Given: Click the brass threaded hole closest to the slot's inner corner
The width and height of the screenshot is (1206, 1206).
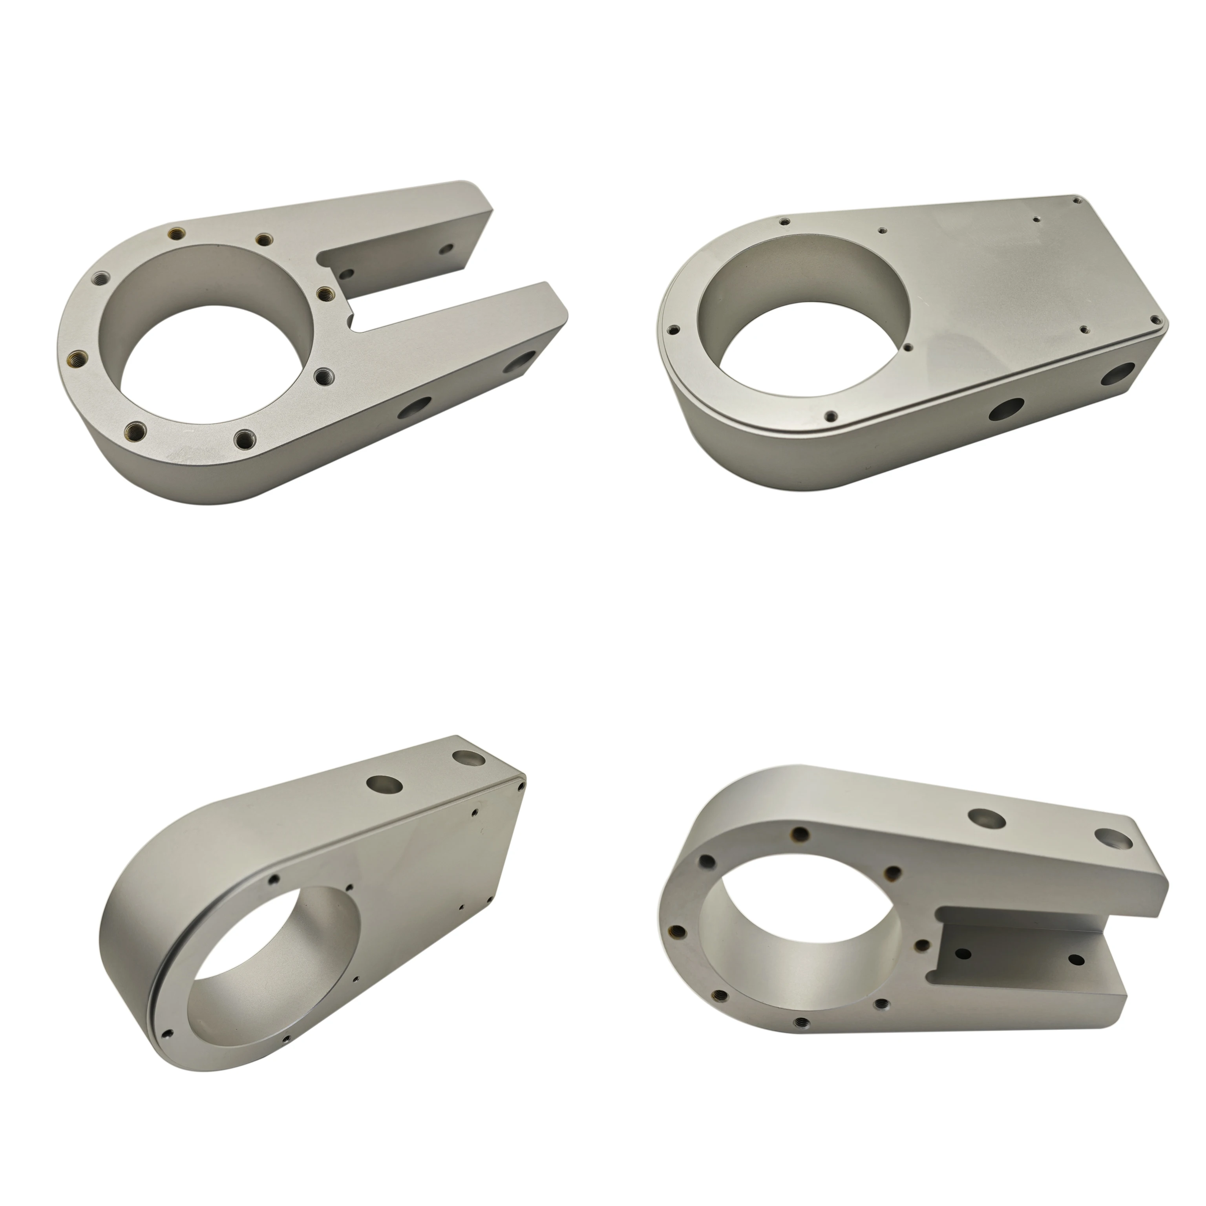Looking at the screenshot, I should [323, 292].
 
